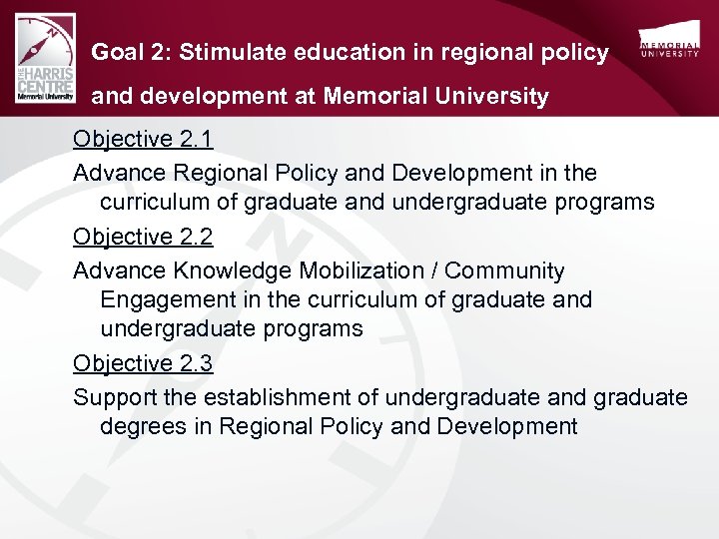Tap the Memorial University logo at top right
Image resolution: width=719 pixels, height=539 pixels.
coord(669,45)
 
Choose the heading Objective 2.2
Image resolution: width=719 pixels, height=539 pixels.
coord(143,237)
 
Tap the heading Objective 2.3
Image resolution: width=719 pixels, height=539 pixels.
coord(143,363)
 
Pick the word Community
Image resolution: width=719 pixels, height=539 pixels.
coord(505,270)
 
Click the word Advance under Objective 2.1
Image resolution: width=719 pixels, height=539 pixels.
coord(120,173)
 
